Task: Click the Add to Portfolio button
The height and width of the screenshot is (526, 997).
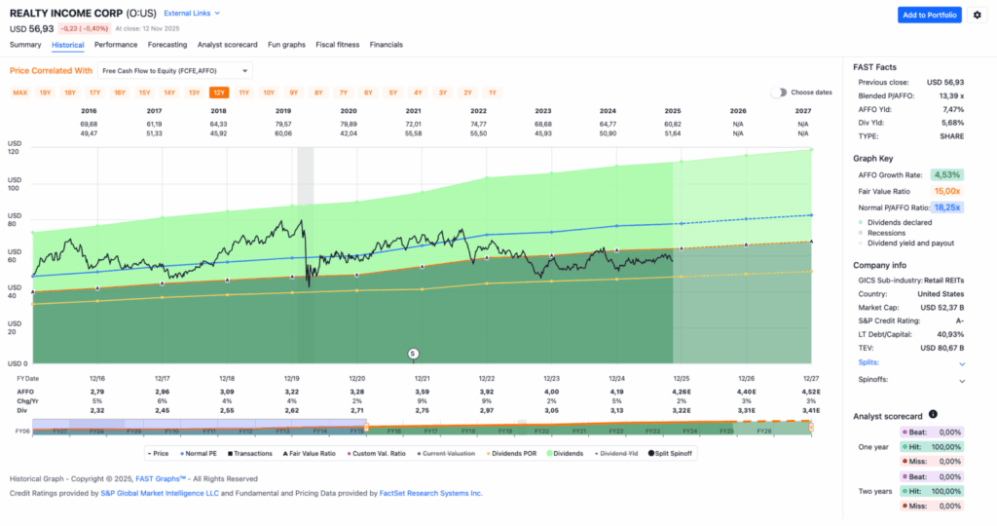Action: [929, 15]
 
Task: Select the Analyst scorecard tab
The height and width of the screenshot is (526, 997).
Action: [227, 45]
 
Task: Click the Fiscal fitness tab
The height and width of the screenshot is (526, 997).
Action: [337, 45]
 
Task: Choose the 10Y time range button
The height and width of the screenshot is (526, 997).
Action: [269, 93]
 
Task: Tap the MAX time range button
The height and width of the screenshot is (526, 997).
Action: [19, 93]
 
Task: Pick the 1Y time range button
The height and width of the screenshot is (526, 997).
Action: [493, 93]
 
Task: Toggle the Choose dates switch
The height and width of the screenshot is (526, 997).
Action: [779, 93]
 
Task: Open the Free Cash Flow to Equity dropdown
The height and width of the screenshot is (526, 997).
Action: [175, 70]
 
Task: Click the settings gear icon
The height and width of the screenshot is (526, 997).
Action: [978, 15]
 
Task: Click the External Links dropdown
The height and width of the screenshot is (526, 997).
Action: [192, 14]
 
